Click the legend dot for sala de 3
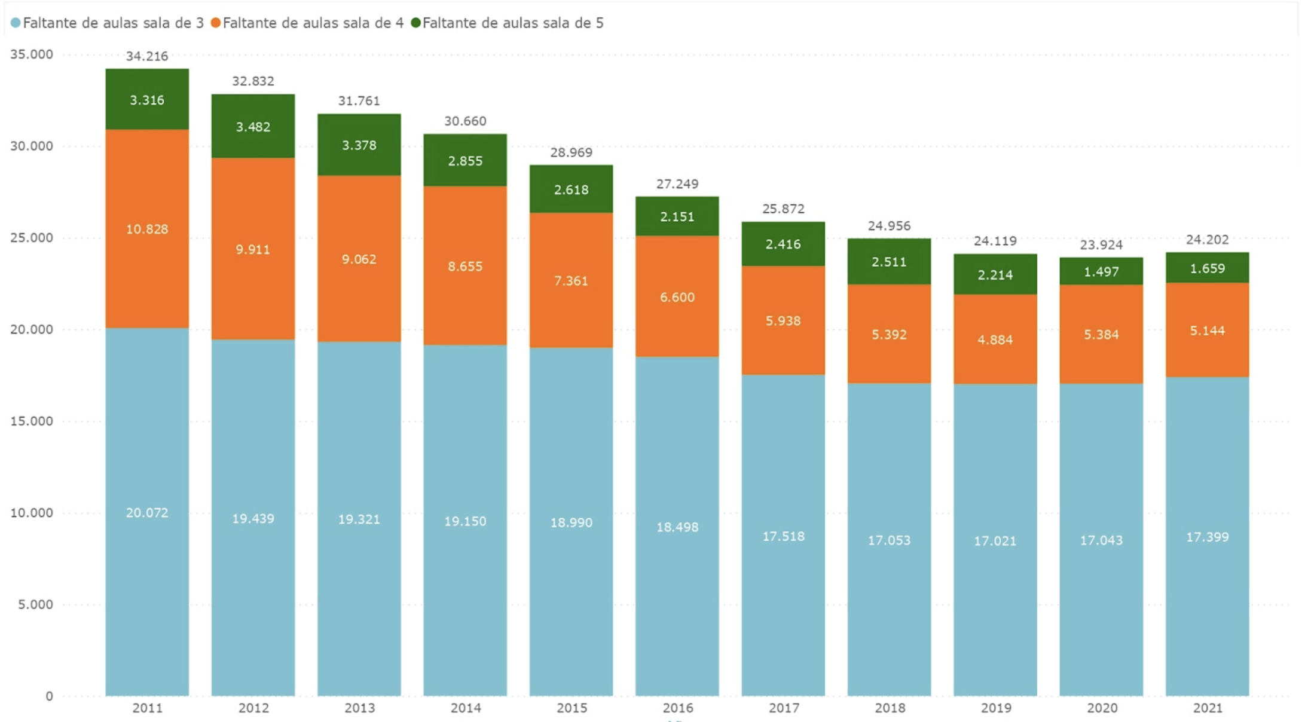[16, 23]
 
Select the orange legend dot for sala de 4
[216, 23]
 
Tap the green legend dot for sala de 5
[416, 23]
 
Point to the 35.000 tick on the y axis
[32, 55]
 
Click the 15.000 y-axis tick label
[32, 421]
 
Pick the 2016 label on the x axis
[678, 708]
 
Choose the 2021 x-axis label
[1208, 708]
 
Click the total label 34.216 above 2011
[147, 57]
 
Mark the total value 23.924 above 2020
[1101, 245]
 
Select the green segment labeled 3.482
[253, 127]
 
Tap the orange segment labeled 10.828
[147, 230]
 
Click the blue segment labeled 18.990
[571, 523]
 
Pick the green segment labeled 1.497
[1101, 272]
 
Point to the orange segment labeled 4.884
[995, 340]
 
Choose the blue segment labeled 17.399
[1208, 537]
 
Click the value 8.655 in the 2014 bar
[465, 267]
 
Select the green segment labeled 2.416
[783, 244]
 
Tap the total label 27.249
[677, 184]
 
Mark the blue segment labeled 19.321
[359, 519]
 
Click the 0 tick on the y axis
[49, 696]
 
